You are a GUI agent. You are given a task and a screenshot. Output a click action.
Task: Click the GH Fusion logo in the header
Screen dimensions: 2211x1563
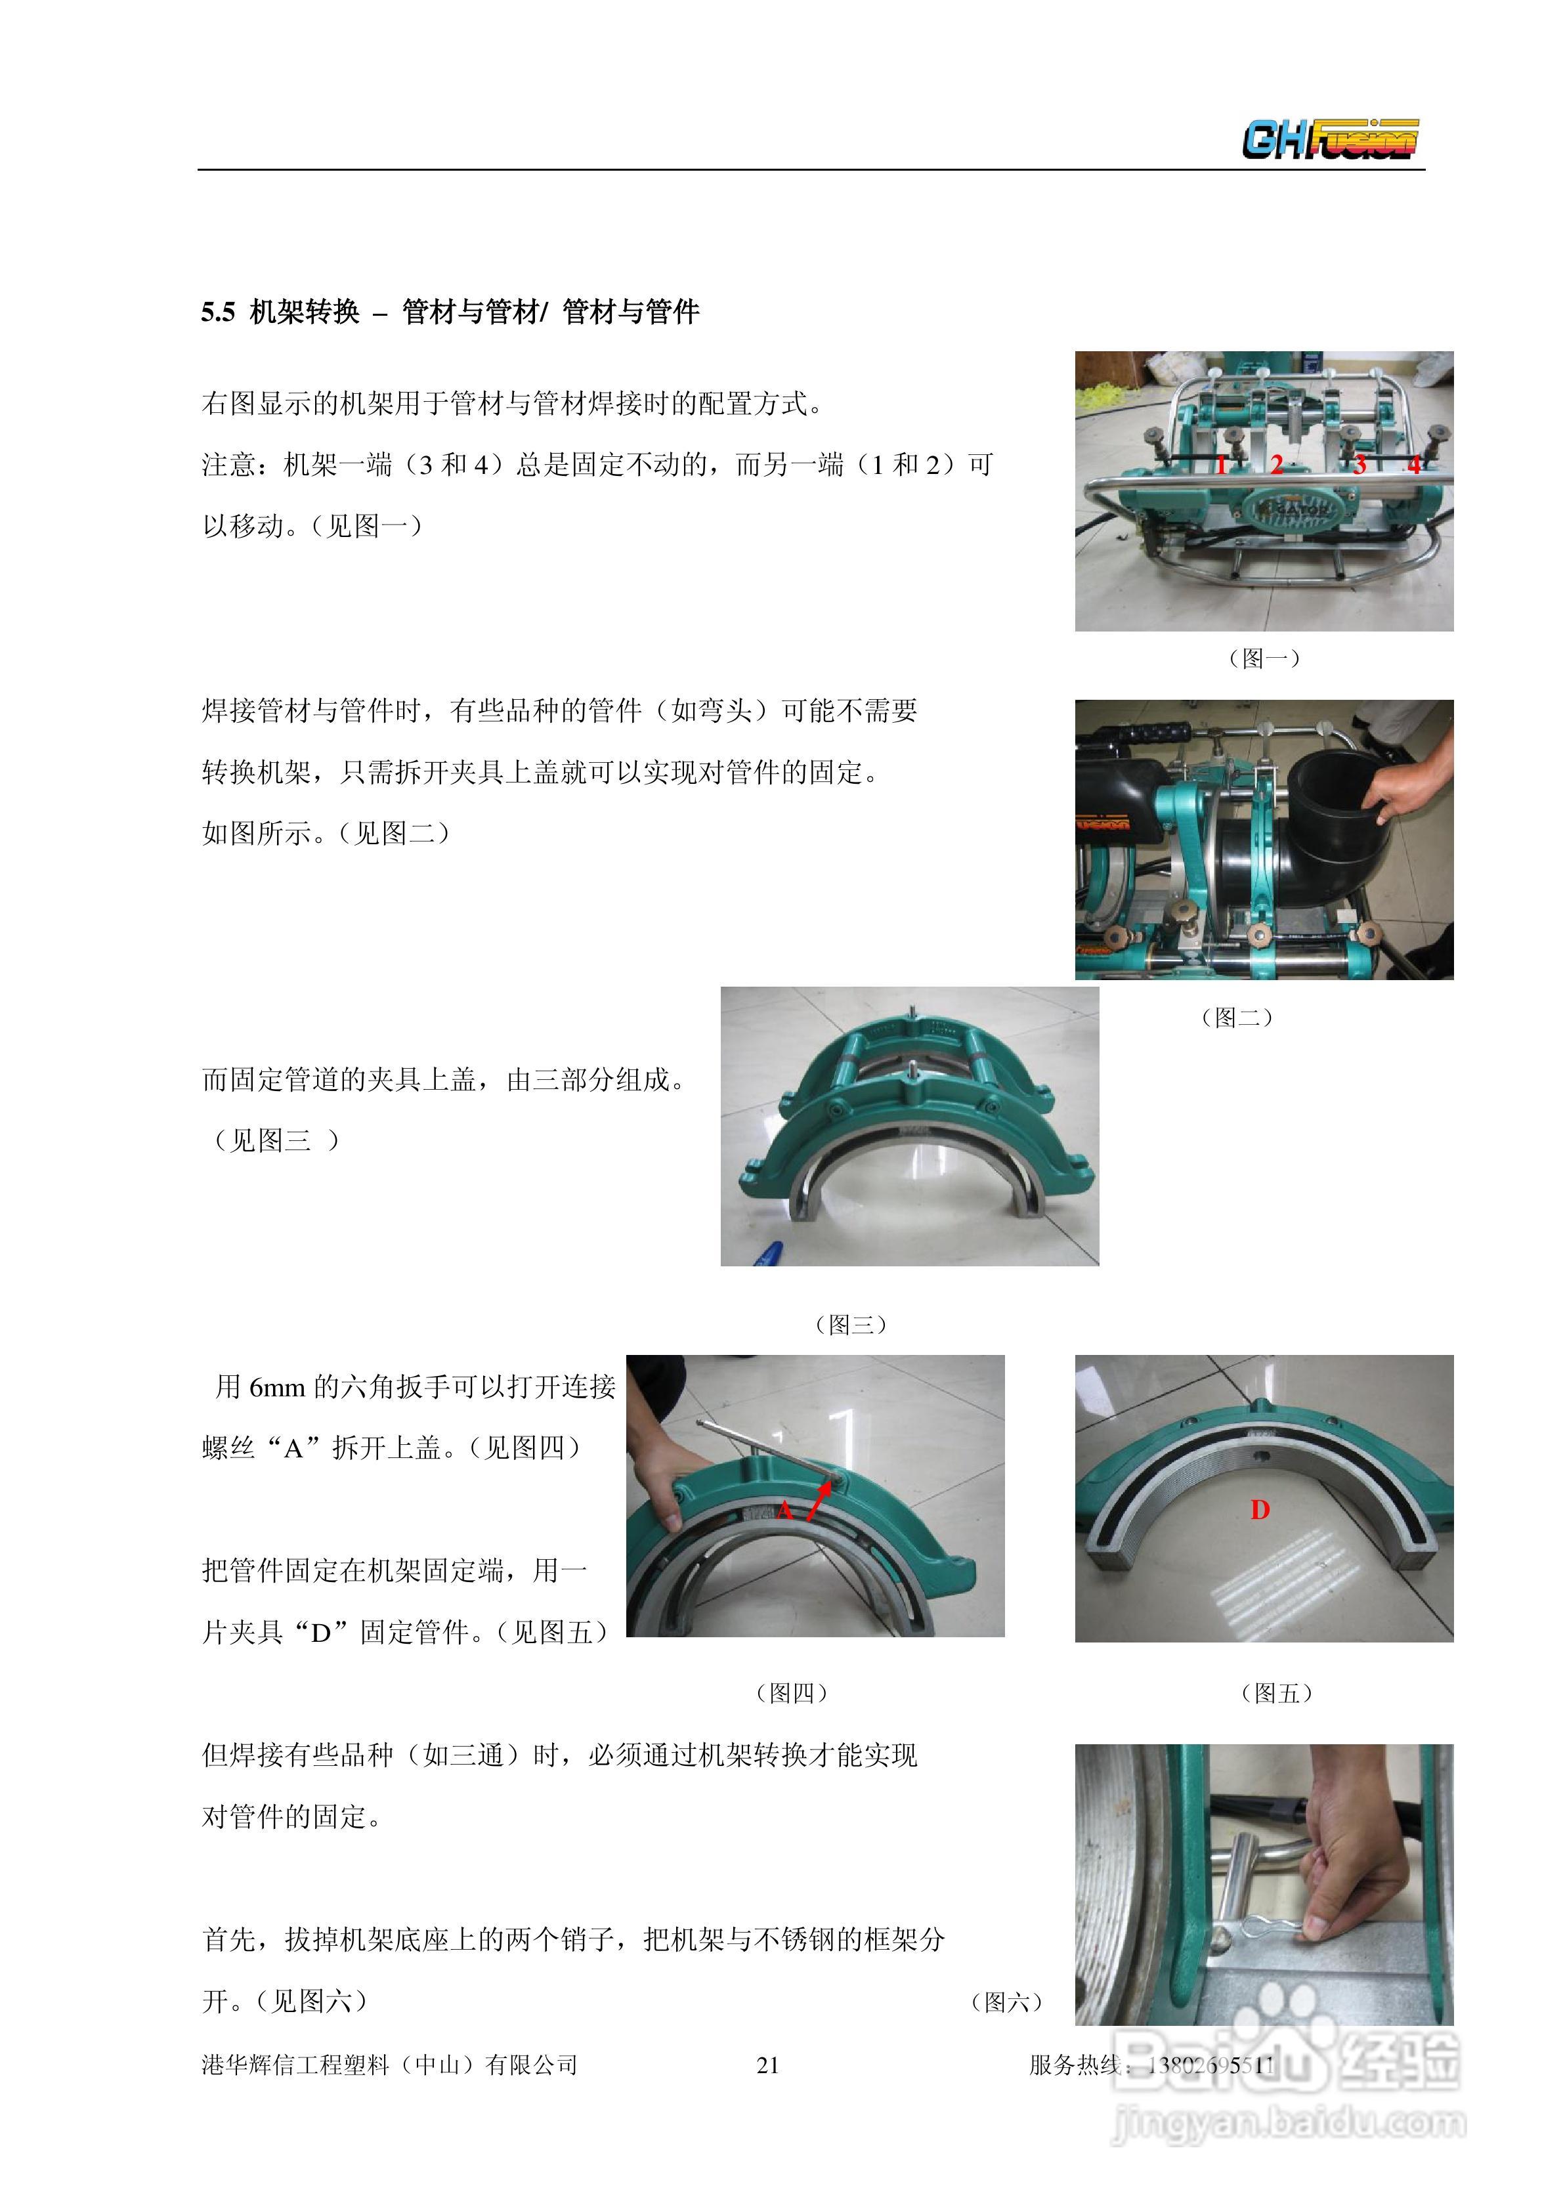(1330, 139)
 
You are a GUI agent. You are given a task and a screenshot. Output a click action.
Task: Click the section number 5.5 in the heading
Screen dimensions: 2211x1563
(218, 312)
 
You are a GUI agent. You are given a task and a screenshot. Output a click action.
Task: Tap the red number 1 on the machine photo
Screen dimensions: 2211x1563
(1220, 465)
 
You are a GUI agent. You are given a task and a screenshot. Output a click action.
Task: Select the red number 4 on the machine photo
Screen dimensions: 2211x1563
(1414, 465)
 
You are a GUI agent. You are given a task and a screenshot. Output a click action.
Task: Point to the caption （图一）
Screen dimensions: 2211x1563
(1264, 658)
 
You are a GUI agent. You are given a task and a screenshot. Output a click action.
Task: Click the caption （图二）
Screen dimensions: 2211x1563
(1237, 1017)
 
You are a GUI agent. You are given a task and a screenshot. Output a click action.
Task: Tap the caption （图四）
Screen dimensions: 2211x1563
(792, 1693)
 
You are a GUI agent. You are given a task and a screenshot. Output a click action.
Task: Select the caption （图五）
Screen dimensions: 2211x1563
(1277, 1693)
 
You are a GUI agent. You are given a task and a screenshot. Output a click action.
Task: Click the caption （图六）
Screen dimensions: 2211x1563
(1006, 2002)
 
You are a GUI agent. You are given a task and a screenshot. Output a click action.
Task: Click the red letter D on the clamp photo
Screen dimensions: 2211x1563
(1260, 1510)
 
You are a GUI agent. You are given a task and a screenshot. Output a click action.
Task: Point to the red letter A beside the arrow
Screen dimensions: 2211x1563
(785, 1510)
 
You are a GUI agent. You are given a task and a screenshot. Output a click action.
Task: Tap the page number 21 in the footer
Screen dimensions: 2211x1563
(767, 2065)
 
